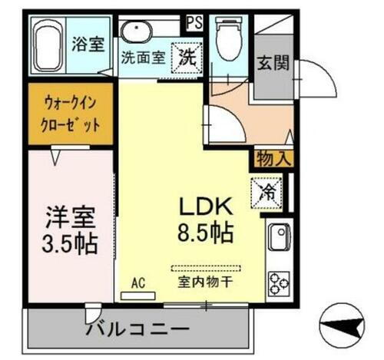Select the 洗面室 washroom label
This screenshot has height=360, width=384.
pyautogui.click(x=143, y=58)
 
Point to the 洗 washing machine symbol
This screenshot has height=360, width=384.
pyautogui.click(x=187, y=54)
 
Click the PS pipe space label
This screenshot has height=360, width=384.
pyautogui.click(x=194, y=21)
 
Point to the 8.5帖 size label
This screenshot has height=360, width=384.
pyautogui.click(x=206, y=231)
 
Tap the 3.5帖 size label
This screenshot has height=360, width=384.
pyautogui.click(x=69, y=243)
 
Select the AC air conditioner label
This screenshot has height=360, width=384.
pyautogui.click(x=138, y=282)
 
